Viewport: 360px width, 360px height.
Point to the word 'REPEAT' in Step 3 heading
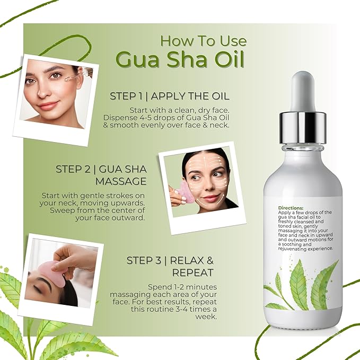tap(192, 273)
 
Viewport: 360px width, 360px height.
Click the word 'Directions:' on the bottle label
tap(291, 208)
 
